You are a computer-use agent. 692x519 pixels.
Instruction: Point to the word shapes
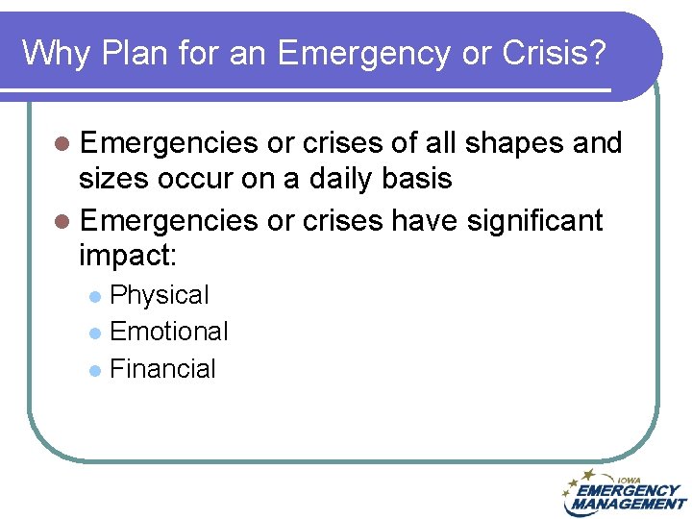click(520, 143)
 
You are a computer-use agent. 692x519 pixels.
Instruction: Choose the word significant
click(534, 220)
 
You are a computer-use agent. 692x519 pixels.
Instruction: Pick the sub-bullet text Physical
click(160, 295)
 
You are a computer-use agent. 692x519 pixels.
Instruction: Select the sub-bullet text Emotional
click(169, 332)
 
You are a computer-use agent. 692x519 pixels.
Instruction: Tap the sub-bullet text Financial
click(163, 369)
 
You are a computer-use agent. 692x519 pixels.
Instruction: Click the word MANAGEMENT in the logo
click(628, 504)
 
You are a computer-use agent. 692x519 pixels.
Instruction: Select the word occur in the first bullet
click(198, 180)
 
